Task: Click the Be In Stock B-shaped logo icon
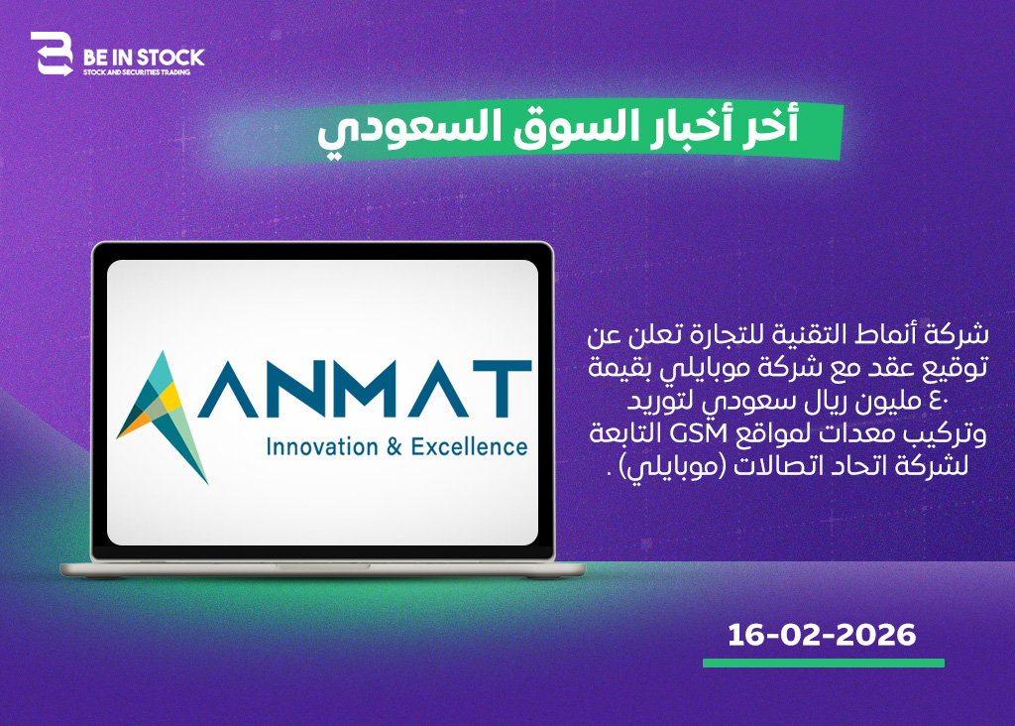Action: coord(52,54)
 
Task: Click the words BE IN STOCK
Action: coord(144,58)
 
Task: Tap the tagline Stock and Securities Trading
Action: coord(137,72)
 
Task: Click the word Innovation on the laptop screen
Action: coord(322,447)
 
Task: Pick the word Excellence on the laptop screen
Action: coord(469,447)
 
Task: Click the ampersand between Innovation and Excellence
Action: coord(395,447)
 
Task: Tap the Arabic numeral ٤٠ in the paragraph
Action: coord(939,402)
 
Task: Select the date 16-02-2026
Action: coord(822,635)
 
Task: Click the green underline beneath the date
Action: coord(824,664)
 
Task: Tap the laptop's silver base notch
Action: coord(323,566)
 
